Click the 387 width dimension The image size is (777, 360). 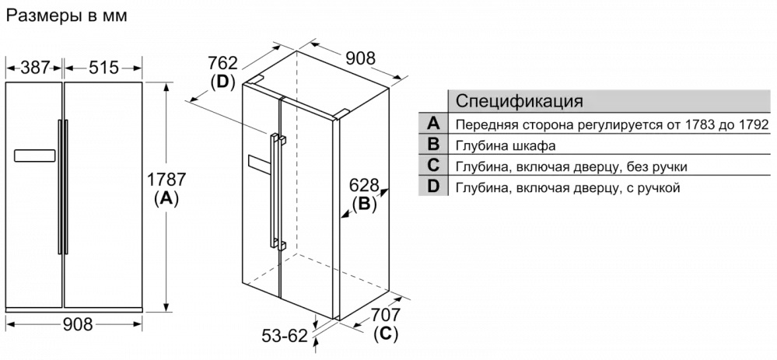coord(34,68)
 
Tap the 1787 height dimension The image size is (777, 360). coord(166,180)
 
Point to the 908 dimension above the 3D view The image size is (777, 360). coord(360,58)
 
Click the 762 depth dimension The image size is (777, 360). coord(222,62)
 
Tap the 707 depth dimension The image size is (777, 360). coord(385,315)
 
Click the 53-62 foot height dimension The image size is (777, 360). coord(285,336)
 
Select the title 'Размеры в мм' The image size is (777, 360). coord(67,16)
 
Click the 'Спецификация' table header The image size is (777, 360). coord(519,102)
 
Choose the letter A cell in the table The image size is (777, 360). coord(433,124)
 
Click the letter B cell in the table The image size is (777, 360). coord(433,145)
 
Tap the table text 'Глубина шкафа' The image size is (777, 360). coord(506,145)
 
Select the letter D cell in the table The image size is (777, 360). coord(433,187)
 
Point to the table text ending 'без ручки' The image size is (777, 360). coord(571,166)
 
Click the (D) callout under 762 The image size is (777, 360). coord(222,82)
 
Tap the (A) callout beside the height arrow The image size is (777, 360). coord(166,198)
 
